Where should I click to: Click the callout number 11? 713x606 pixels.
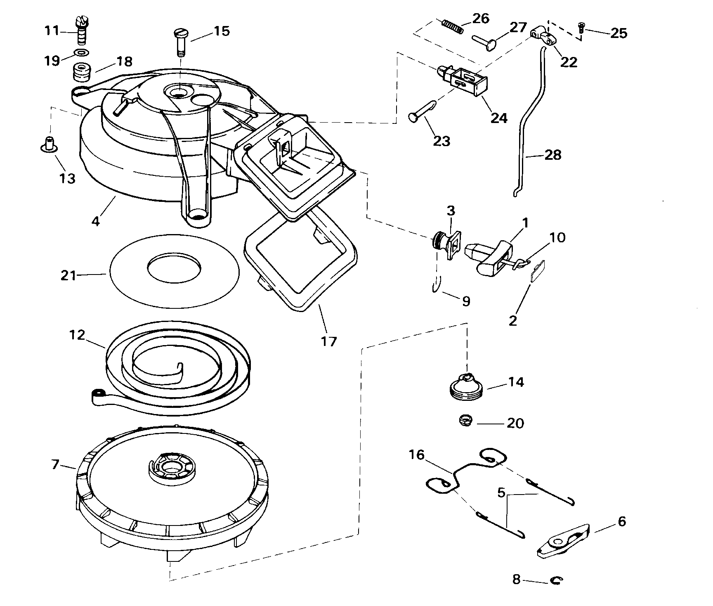pos(52,31)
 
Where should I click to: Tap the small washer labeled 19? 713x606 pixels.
pos(81,53)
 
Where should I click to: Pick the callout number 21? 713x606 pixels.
pos(68,275)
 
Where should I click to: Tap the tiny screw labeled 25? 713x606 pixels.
pos(582,28)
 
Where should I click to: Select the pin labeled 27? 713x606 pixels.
pos(484,42)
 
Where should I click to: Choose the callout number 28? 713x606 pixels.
pos(553,155)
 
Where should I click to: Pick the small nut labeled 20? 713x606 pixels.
pos(465,421)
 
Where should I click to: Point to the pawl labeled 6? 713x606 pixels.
pos(563,541)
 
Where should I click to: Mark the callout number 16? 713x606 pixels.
pos(416,454)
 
